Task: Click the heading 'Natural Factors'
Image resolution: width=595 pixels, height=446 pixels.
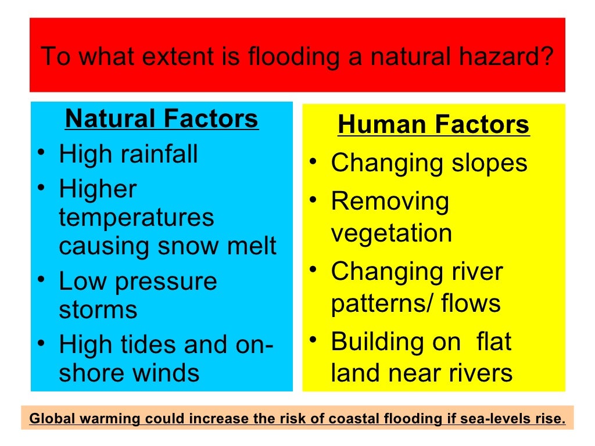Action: (162, 119)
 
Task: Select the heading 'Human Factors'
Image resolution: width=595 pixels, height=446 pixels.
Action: (433, 125)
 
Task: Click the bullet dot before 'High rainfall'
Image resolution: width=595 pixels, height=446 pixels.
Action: (41, 155)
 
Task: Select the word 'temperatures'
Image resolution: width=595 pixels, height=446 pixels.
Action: (137, 218)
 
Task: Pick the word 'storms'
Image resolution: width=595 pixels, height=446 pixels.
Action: (98, 310)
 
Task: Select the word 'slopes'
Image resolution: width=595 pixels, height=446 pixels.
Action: (490, 163)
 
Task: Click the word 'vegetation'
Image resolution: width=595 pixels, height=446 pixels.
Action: (392, 233)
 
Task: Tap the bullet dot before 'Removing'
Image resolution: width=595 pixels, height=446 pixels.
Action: (313, 202)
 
